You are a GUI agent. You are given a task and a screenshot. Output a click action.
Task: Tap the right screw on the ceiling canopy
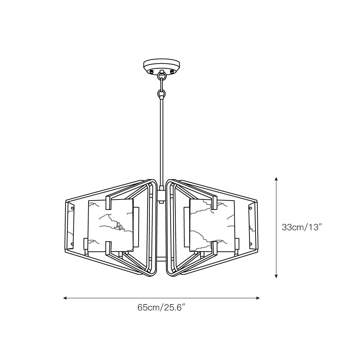click(x=172, y=72)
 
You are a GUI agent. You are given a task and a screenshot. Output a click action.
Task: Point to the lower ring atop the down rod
click(x=162, y=94)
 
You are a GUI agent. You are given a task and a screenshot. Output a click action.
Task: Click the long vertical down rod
click(x=162, y=144)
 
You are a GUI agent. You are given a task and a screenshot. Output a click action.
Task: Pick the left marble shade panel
click(x=110, y=225)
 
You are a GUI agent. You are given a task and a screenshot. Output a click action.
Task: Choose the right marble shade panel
click(x=212, y=225)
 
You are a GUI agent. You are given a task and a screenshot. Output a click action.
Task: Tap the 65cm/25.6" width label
click(x=161, y=307)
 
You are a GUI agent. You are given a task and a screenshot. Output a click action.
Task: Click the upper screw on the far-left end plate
click(x=72, y=208)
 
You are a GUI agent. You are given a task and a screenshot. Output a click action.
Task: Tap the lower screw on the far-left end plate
click(x=72, y=244)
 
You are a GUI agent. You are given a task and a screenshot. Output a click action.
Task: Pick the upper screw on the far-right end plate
click(x=251, y=207)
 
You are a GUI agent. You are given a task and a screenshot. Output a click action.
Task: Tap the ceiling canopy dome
click(x=162, y=65)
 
